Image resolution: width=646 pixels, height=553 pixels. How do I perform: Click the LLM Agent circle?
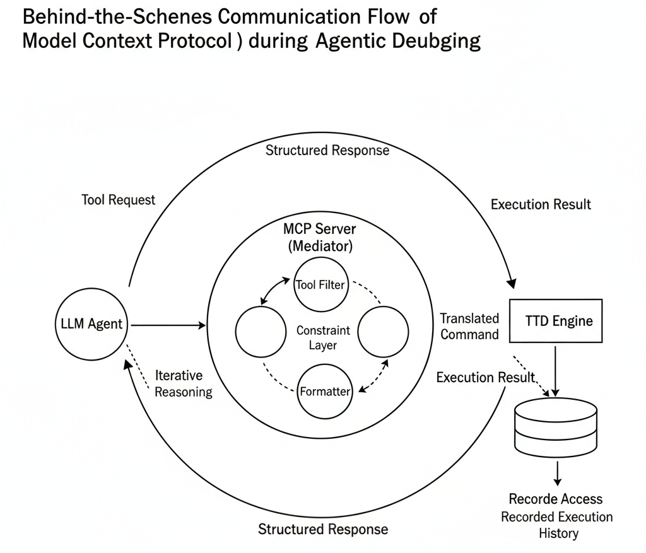click(x=91, y=325)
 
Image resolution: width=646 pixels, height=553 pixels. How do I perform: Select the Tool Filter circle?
click(x=320, y=285)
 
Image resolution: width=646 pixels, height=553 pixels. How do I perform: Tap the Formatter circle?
click(x=325, y=392)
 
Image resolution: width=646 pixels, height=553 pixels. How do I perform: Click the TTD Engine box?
click(x=556, y=320)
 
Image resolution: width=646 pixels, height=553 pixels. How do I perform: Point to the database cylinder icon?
click(x=556, y=427)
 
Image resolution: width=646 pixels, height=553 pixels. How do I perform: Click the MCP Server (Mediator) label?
click(x=320, y=237)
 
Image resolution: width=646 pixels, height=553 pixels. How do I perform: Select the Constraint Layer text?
click(x=323, y=337)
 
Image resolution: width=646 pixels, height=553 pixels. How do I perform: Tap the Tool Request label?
click(x=119, y=200)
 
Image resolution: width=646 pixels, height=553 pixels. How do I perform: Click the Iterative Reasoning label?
click(x=184, y=383)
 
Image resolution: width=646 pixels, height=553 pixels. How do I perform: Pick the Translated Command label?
click(x=469, y=326)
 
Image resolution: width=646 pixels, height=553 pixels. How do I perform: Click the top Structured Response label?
click(x=327, y=151)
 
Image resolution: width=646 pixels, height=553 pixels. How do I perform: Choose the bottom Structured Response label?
click(x=323, y=529)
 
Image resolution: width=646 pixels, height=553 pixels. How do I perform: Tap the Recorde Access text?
click(x=556, y=499)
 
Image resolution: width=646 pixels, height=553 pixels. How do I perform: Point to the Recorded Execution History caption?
click(x=557, y=525)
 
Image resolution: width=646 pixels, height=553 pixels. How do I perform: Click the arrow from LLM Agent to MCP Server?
click(x=167, y=325)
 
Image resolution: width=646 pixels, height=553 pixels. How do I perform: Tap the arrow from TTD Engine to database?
click(x=556, y=369)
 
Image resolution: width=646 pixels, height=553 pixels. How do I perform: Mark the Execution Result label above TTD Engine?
click(x=541, y=204)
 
